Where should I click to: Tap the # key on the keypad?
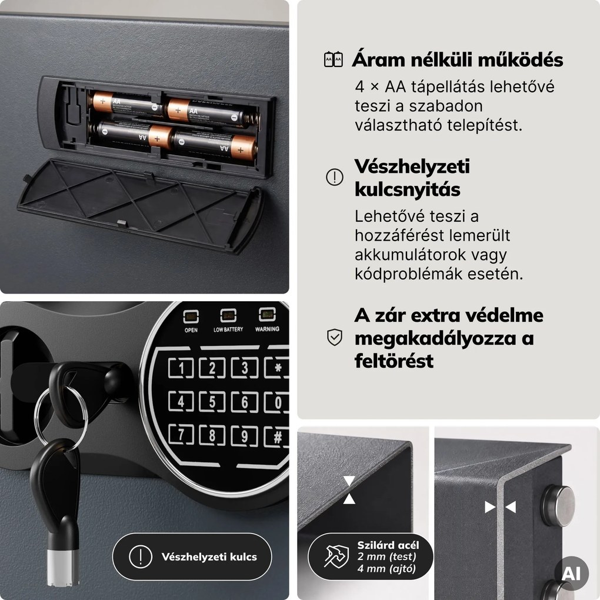(x=278, y=437)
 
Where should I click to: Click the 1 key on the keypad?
(x=181, y=368)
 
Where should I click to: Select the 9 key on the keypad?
(x=245, y=436)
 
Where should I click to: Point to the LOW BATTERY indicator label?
(x=228, y=329)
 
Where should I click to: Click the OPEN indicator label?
(x=191, y=330)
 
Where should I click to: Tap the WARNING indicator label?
(x=267, y=329)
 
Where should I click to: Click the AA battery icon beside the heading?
(x=334, y=59)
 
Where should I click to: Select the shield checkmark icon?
(x=335, y=337)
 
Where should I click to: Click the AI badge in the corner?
(x=571, y=573)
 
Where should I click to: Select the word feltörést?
(x=394, y=361)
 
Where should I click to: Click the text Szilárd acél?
(x=388, y=545)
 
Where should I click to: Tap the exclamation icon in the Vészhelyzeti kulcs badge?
(x=141, y=556)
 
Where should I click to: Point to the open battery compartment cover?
(x=140, y=205)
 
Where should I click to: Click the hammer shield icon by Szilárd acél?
(x=336, y=556)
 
